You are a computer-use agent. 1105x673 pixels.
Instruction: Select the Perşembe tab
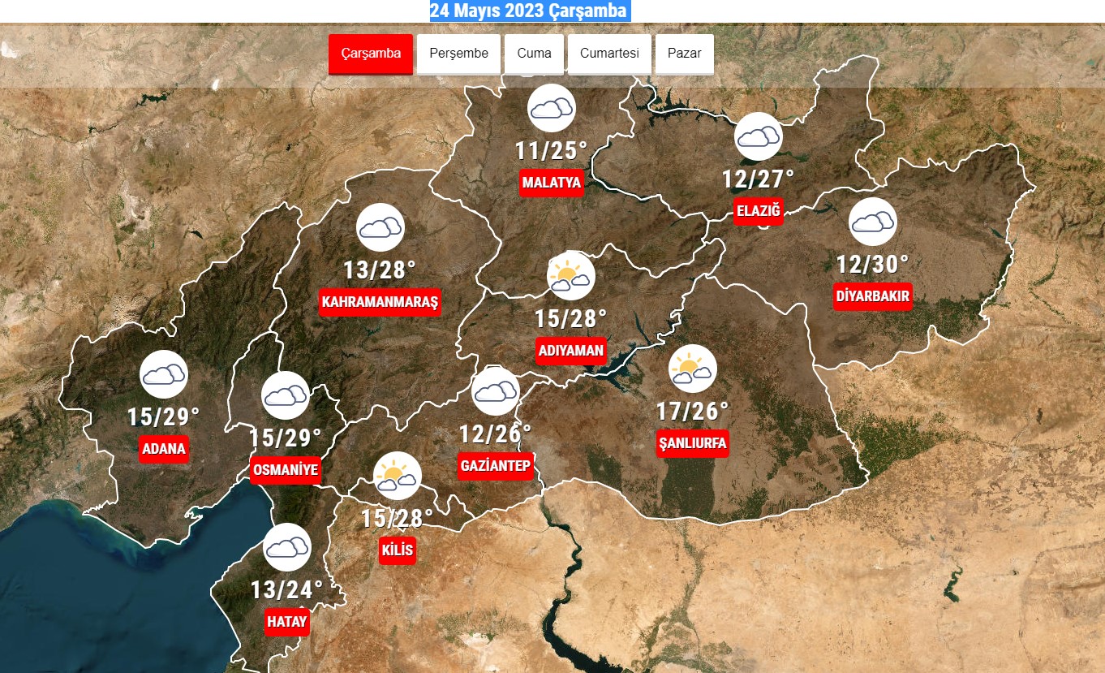click(x=459, y=54)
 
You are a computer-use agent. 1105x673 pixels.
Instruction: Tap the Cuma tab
click(x=534, y=54)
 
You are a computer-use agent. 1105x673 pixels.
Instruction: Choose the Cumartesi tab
click(x=609, y=54)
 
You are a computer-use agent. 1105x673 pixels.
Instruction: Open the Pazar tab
click(x=684, y=54)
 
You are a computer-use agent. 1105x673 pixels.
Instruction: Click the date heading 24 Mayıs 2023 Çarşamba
click(x=528, y=11)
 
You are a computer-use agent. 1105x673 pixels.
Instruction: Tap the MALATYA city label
click(x=552, y=183)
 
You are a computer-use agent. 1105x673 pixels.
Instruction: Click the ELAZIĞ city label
click(x=758, y=212)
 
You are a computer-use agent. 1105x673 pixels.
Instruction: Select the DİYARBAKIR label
click(x=873, y=296)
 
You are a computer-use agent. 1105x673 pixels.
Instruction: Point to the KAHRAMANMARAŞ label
click(x=380, y=302)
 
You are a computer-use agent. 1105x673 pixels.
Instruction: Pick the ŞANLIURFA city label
click(x=692, y=443)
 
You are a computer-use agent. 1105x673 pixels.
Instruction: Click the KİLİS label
click(x=398, y=550)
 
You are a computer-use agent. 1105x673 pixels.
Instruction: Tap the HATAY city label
click(x=287, y=623)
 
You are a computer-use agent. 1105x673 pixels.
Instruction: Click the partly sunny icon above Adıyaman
click(x=571, y=275)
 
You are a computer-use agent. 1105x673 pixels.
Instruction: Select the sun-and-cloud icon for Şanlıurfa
click(x=692, y=369)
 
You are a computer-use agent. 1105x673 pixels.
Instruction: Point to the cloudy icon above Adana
click(x=164, y=374)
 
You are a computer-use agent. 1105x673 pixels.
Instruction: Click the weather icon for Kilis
click(x=397, y=476)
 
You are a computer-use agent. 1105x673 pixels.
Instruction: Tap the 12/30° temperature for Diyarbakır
click(x=873, y=265)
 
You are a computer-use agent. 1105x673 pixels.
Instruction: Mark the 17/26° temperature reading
click(x=692, y=412)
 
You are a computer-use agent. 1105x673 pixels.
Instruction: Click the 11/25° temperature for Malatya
click(x=551, y=151)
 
